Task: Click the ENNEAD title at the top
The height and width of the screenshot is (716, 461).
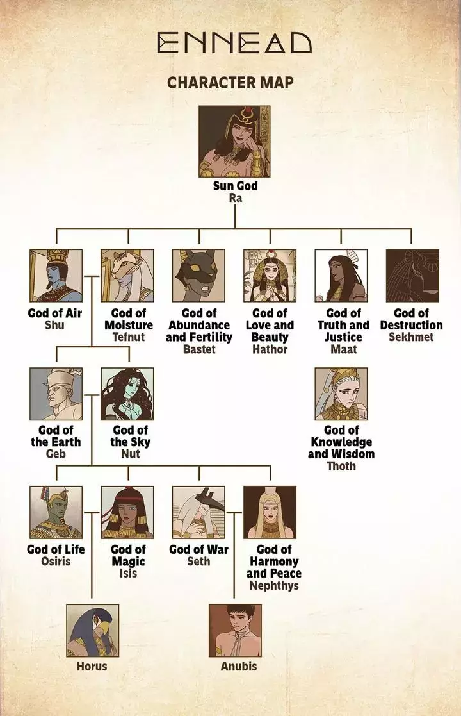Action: point(234,43)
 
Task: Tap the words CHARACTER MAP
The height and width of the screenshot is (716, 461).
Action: point(230,83)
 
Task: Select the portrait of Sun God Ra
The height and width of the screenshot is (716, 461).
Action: point(234,141)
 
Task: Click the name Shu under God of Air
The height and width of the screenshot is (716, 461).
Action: point(54,325)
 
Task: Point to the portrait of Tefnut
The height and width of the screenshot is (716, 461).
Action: point(127,276)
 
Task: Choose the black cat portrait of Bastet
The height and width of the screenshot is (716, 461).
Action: point(198,276)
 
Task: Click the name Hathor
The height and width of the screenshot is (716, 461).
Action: point(270,349)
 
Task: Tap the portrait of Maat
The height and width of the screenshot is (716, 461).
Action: point(341,276)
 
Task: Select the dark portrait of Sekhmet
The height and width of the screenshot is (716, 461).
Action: point(412,276)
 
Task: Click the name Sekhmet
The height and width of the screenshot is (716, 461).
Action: point(411,337)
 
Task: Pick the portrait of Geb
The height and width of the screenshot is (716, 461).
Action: point(56,394)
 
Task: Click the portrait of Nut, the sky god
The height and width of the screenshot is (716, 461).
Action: point(127,394)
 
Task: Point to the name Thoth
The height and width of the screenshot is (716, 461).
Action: point(341,466)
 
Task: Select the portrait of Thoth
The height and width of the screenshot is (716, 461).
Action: point(341,394)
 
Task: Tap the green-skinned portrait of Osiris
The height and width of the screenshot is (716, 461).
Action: point(56,512)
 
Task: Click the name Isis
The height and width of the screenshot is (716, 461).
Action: point(128,573)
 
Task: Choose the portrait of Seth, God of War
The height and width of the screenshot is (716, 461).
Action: point(198,512)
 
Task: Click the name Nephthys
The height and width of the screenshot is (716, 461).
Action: point(274,585)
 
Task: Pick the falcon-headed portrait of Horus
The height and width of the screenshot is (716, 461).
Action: point(93,631)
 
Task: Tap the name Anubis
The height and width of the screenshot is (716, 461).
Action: point(238,666)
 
